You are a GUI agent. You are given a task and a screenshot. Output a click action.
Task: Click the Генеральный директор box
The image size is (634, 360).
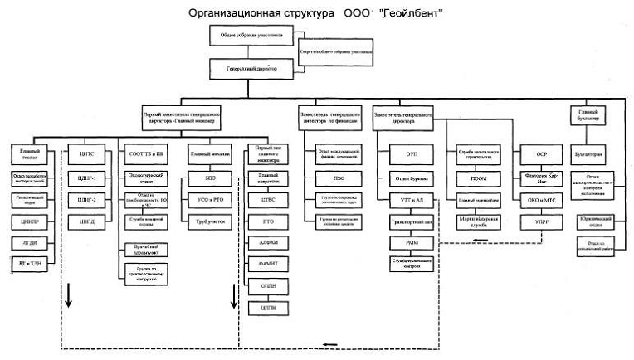point(252,69)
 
